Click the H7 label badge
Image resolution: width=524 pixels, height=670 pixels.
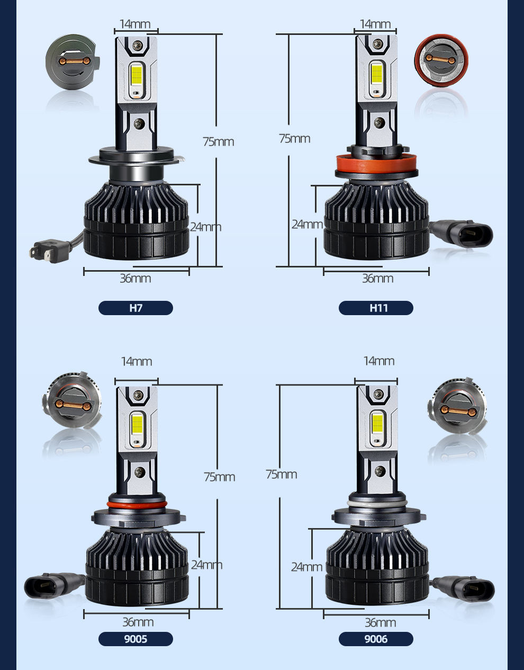(135, 308)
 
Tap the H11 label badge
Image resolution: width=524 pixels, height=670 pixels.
(376, 308)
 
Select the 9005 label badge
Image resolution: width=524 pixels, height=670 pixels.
(135, 639)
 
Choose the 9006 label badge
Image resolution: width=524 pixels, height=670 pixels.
(376, 639)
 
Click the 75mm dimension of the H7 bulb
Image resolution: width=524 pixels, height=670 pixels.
(219, 142)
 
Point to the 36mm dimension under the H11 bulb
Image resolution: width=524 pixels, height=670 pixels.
(378, 279)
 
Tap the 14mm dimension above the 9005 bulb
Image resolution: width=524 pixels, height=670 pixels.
(137, 361)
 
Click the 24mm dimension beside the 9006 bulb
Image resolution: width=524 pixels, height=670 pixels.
(307, 567)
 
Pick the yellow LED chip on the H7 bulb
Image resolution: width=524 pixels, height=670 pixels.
(136, 75)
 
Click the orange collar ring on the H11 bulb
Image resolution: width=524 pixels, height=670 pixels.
(376, 164)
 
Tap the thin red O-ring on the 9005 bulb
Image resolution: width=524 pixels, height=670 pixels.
(137, 504)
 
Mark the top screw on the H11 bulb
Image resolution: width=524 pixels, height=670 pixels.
(378, 44)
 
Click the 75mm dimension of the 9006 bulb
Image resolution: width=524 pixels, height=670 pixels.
(282, 474)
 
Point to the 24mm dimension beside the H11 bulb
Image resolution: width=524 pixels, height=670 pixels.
(307, 225)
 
